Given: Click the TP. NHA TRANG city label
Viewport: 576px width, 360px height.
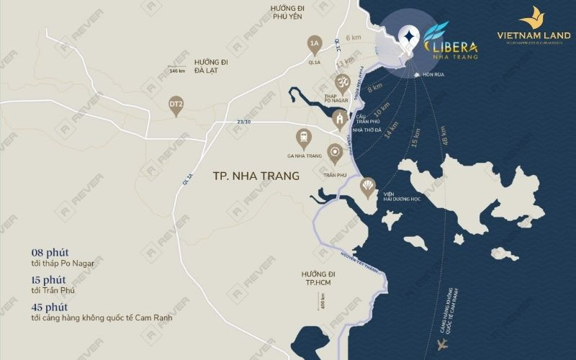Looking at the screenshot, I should point(256,175).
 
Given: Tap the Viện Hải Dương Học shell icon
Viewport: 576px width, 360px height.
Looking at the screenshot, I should point(368,188).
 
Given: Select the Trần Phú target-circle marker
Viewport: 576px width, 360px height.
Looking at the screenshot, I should point(334,153).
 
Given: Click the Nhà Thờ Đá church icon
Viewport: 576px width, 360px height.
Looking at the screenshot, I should point(338,120).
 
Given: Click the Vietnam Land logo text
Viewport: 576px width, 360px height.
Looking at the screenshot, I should point(534,35).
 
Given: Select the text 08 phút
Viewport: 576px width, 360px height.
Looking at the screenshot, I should point(50,252).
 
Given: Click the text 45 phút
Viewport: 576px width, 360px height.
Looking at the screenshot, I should point(50,307).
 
